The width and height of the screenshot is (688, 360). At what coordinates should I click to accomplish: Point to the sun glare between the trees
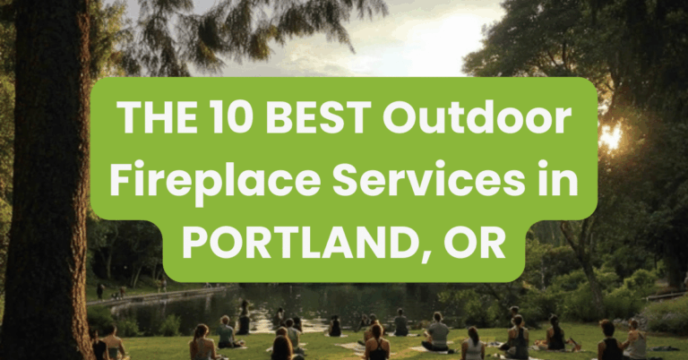(x=612, y=137)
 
